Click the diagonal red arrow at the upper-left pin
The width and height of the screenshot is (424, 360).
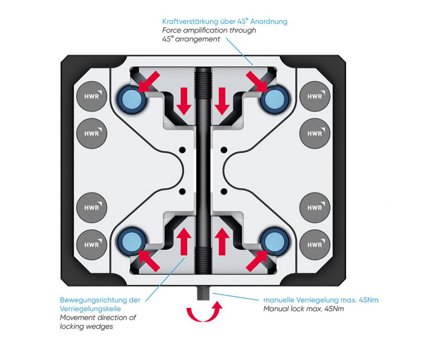tap(149, 81)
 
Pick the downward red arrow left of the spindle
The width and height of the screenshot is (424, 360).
tap(184, 101)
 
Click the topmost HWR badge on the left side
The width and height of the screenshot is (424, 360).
tap(92, 96)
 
